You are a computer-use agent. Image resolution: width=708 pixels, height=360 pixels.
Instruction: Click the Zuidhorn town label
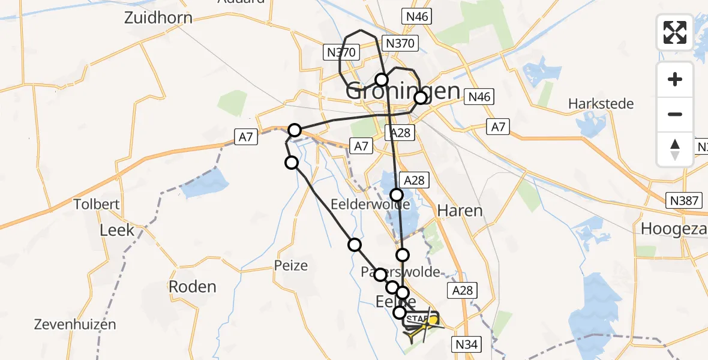[158, 17]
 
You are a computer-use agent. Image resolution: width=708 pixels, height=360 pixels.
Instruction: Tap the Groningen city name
[403, 92]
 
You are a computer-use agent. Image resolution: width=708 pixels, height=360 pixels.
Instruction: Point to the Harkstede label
[601, 104]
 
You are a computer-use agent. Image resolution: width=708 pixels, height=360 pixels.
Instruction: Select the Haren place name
[460, 211]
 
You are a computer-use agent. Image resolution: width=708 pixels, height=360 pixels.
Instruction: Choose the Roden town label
[192, 287]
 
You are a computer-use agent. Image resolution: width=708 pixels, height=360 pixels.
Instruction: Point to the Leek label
[117, 230]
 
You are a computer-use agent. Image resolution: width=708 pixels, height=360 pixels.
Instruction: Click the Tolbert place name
[97, 204]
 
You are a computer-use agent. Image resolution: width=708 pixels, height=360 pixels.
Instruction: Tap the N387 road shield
[685, 200]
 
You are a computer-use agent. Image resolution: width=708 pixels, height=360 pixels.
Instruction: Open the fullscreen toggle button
[675, 32]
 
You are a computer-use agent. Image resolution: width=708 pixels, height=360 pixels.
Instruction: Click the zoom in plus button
[675, 79]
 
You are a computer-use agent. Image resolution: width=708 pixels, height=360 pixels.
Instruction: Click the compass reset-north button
[675, 149]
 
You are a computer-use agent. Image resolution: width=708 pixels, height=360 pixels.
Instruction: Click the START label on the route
[418, 319]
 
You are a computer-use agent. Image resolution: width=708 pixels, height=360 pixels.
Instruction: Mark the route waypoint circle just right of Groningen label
[421, 98]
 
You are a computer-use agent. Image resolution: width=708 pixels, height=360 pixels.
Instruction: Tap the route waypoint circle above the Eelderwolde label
[396, 194]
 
